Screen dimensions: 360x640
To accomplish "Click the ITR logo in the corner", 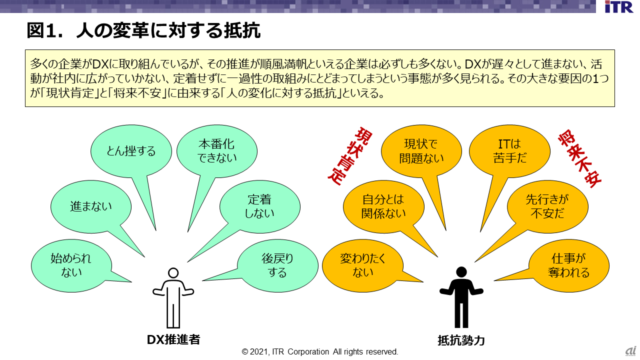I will pyautogui.click(x=618, y=6).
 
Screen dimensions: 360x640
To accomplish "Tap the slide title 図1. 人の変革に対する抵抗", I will pyautogui.click(x=143, y=31).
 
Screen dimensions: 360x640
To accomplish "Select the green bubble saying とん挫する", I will pyautogui.click(x=131, y=151).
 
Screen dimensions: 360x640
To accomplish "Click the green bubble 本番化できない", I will pyautogui.click(x=216, y=151).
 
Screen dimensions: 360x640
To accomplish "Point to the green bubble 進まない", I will pyautogui.click(x=91, y=206).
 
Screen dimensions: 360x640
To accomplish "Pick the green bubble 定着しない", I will pyautogui.click(x=259, y=206).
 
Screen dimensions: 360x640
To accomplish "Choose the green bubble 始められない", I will pyautogui.click(x=71, y=265).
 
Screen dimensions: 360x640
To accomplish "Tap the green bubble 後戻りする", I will pyautogui.click(x=277, y=265).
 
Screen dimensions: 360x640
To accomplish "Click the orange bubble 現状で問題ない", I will pyautogui.click(x=421, y=151).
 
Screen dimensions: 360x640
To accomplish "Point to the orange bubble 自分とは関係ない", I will pyautogui.click(x=383, y=206).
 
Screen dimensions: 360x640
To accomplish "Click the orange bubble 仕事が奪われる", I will pyautogui.click(x=568, y=265).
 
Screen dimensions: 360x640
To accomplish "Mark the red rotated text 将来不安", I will pyautogui.click(x=579, y=158).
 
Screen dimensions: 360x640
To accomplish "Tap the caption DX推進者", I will pyautogui.click(x=173, y=339).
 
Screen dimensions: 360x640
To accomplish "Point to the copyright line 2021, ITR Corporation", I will pyautogui.click(x=320, y=351).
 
